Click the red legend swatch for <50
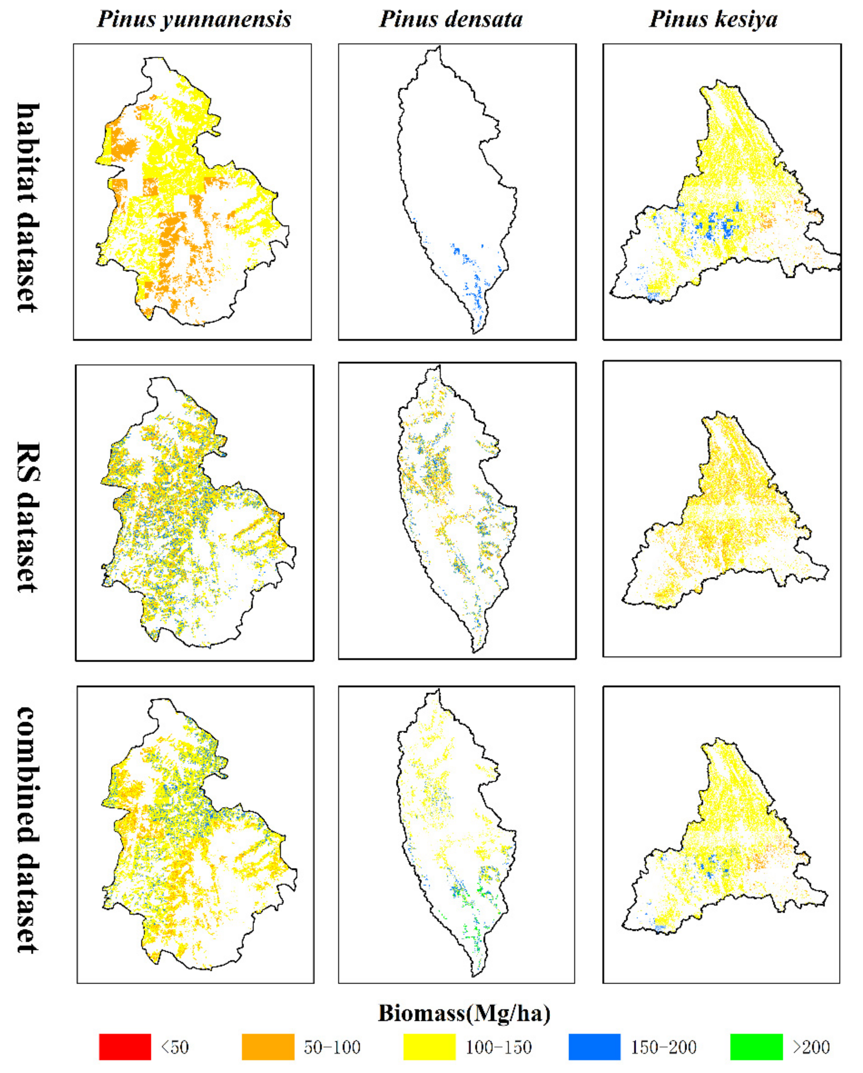(x=125, y=1047)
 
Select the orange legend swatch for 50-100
(x=268, y=1047)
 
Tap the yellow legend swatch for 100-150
(x=429, y=1047)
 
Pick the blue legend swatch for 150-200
(x=594, y=1047)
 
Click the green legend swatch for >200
(x=756, y=1047)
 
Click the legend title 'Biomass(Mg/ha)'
(x=464, y=1013)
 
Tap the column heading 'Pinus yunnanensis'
(x=194, y=20)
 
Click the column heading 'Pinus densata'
(x=451, y=20)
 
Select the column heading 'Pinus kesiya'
(x=713, y=20)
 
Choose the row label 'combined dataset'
(x=28, y=830)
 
